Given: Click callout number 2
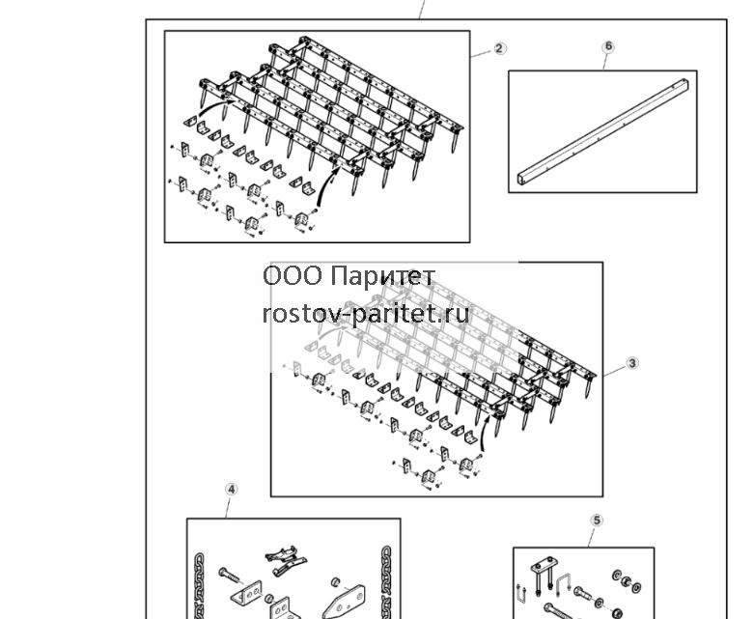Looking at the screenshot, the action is [x=499, y=48].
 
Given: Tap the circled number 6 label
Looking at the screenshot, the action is [x=608, y=46].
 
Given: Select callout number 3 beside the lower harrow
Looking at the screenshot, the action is [x=632, y=363].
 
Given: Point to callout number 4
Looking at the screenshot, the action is [x=232, y=490].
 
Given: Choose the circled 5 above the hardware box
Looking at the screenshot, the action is [x=597, y=521].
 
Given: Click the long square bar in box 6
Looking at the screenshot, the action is [x=603, y=131].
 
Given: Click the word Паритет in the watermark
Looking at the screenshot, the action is [x=383, y=276].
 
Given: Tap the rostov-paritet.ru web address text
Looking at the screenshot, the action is [x=366, y=315].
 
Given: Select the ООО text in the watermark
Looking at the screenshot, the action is [x=293, y=276].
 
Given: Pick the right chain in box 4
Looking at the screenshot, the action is [x=386, y=582].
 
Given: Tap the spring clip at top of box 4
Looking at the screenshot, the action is [x=287, y=560].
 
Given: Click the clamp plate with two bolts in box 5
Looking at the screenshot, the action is [x=544, y=574].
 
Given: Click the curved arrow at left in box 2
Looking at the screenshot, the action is [x=215, y=107].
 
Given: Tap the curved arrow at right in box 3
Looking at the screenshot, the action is [x=485, y=434].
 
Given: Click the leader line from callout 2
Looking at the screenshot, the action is [x=482, y=53].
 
